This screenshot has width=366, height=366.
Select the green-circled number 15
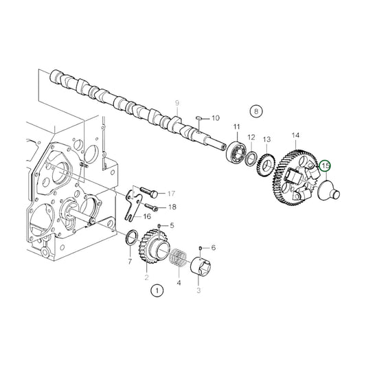[x=325, y=165]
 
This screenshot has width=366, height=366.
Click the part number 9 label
[x=177, y=104]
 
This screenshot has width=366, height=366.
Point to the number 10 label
[x=215, y=118]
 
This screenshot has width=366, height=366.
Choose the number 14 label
[x=297, y=135]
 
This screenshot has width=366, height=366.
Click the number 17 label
[x=172, y=193]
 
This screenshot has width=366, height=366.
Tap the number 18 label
[x=172, y=207]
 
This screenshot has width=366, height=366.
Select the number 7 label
[x=129, y=262]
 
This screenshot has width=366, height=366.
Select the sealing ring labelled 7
[x=128, y=240]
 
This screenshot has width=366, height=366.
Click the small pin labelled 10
[x=200, y=118]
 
